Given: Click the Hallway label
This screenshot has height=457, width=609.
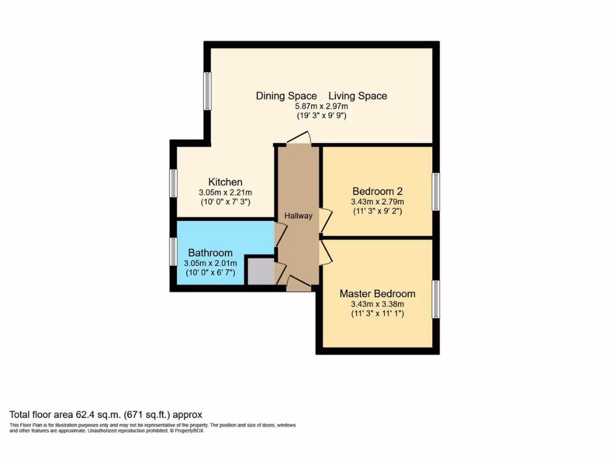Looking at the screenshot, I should (298, 216).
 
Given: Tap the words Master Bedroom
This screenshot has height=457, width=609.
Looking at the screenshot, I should (377, 294).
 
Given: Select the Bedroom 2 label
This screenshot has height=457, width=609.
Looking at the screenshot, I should (377, 192).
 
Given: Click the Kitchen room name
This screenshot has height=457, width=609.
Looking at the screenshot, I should (225, 182).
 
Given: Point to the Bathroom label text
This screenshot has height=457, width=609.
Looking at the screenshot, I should (211, 253).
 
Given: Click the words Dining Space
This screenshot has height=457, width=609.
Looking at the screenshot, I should (286, 96).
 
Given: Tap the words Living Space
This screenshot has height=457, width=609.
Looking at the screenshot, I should (357, 96).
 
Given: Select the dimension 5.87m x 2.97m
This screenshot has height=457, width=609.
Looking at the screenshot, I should (321, 107).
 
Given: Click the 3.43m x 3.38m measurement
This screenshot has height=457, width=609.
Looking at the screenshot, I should (377, 304).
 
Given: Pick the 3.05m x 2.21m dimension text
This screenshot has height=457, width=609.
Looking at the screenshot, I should (225, 193).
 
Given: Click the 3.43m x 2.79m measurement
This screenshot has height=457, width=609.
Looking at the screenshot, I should (377, 202).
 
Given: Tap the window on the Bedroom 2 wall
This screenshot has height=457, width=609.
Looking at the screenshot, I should (435, 192).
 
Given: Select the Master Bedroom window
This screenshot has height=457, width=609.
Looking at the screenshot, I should (435, 299).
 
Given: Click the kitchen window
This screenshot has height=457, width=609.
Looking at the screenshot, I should (173, 183).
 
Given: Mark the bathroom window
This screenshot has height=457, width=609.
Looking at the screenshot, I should (173, 252).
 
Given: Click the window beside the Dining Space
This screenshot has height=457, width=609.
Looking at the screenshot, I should (208, 91).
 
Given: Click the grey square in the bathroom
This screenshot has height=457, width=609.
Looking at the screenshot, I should (259, 271).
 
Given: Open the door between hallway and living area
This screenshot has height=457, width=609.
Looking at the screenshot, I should (298, 138).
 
